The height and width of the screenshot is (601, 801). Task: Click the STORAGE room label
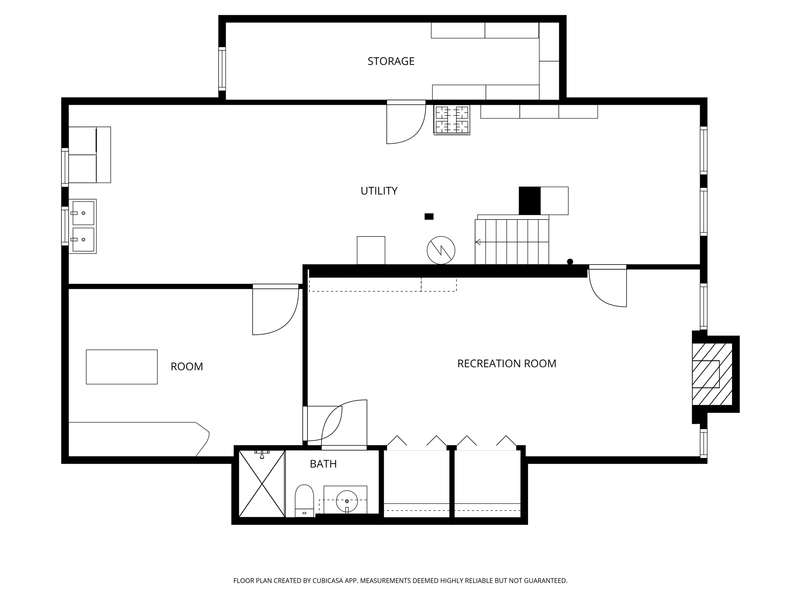[391, 61]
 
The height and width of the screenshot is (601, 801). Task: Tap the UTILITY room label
[379, 191]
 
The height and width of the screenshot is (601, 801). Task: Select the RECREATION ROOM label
[506, 363]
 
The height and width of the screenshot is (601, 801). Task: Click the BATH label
[323, 464]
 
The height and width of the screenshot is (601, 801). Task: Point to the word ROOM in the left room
[187, 367]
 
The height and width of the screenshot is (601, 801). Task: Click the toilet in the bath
[304, 500]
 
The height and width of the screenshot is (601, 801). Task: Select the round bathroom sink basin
[347, 501]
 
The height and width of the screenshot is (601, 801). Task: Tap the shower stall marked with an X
[262, 484]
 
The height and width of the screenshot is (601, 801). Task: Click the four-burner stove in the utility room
[452, 120]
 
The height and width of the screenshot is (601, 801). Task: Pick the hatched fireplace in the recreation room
[711, 374]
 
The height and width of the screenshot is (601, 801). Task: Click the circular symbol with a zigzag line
[441, 250]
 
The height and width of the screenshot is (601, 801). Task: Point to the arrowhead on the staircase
[478, 242]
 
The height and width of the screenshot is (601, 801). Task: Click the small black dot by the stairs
[570, 262]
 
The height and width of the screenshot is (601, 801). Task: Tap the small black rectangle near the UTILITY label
[429, 216]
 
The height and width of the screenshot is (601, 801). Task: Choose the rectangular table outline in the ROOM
[122, 367]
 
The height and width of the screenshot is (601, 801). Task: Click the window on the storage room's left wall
[222, 69]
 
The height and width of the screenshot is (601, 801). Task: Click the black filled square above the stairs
[530, 201]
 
